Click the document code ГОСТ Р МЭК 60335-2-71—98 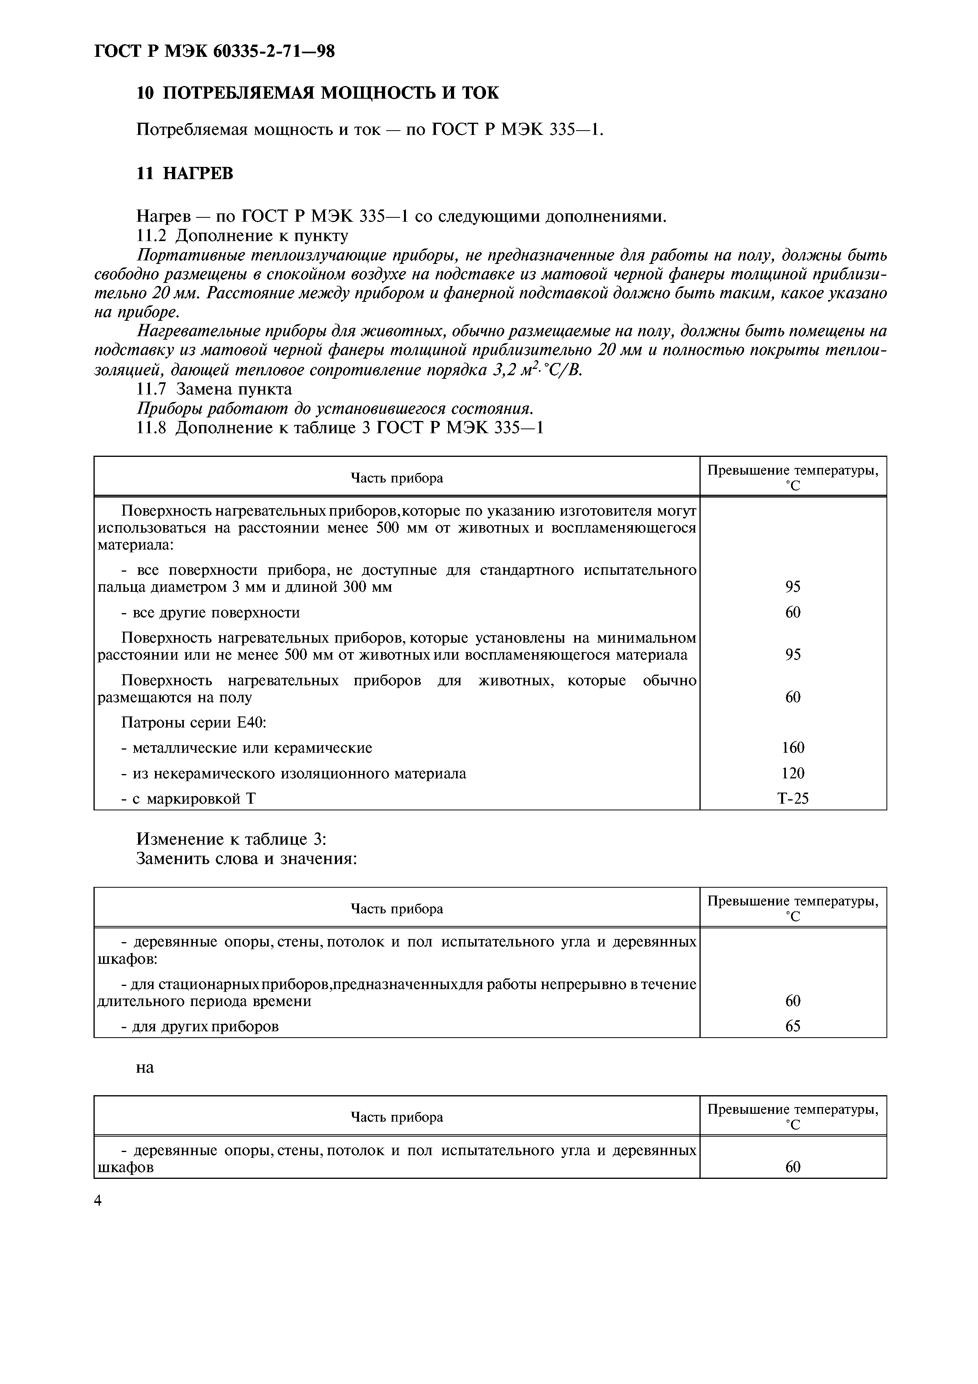[x=215, y=52]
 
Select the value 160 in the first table [x=793, y=748]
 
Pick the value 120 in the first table [x=793, y=773]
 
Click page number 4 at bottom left [x=98, y=1201]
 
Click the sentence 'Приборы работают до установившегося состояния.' [x=335, y=409]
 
